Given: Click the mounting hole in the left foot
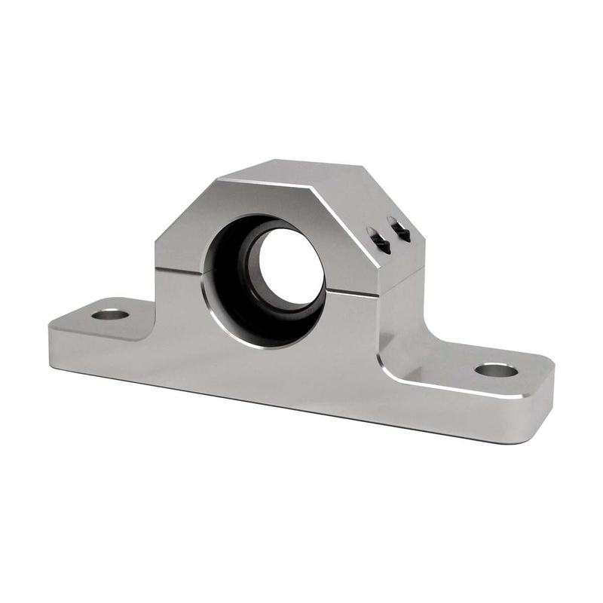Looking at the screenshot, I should coord(110,313).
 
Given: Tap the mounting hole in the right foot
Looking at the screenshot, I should coord(496,370).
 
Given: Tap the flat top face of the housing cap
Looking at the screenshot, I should coord(301,172).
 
